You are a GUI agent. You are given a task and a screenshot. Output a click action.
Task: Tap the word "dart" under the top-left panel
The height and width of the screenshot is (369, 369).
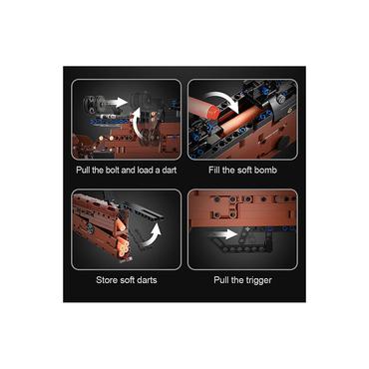pyautogui.click(x=169, y=170)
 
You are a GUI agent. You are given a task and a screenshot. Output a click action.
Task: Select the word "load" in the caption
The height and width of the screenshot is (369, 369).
pyautogui.click(x=146, y=170)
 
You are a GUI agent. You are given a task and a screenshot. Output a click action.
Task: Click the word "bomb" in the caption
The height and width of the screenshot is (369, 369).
pyautogui.click(x=265, y=170)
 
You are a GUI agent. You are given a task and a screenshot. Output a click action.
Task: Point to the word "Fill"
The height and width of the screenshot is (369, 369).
pyautogui.click(x=214, y=170)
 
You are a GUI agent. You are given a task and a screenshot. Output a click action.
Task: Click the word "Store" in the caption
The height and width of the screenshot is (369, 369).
pyautogui.click(x=107, y=280)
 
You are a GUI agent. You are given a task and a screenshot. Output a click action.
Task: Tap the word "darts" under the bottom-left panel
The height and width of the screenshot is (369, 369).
pyautogui.click(x=147, y=280)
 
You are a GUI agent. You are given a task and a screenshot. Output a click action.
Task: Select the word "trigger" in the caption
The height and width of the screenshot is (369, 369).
pyautogui.click(x=258, y=280)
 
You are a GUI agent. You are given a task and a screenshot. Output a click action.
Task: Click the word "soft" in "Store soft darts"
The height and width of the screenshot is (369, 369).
pyautogui.click(x=127, y=280)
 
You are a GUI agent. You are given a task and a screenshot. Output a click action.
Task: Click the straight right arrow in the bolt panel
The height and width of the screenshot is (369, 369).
pyautogui.click(x=117, y=102)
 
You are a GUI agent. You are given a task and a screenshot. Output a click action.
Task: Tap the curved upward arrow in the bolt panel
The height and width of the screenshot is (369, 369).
pyautogui.click(x=136, y=123)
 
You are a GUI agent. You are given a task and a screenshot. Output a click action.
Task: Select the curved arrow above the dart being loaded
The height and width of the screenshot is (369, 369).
pyautogui.click(x=222, y=99)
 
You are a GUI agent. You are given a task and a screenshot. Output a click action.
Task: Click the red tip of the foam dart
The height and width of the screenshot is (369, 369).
pyautogui.click(x=212, y=112)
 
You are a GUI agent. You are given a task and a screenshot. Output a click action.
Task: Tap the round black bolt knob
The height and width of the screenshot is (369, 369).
pyautogui.click(x=91, y=104)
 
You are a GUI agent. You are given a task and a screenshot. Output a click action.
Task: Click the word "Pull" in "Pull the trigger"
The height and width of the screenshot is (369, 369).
pyautogui.click(x=221, y=280)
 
